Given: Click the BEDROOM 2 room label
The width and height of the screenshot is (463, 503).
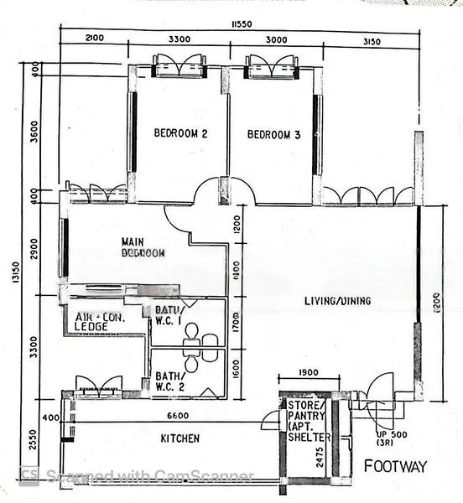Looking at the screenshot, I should click(x=180, y=133).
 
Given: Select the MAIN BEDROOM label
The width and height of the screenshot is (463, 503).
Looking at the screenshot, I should click(x=143, y=246).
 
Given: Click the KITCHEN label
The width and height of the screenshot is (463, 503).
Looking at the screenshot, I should click(x=180, y=438).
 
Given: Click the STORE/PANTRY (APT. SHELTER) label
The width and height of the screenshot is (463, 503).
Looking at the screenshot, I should click(x=309, y=421).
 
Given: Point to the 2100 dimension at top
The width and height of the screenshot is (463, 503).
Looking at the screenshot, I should click(x=94, y=39).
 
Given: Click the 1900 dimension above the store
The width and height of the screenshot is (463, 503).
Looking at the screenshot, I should click(x=308, y=374).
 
